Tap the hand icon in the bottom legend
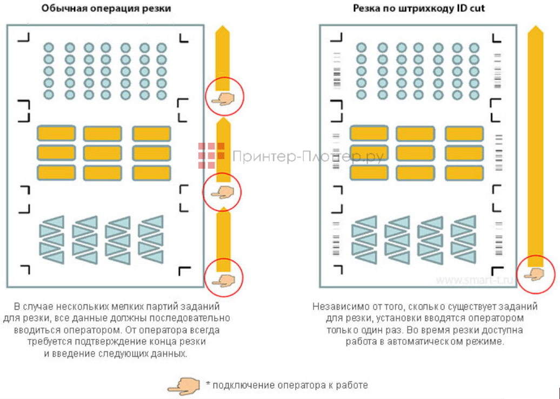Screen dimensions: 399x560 click(x=184, y=385)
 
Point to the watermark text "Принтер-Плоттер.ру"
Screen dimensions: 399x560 click(x=308, y=157)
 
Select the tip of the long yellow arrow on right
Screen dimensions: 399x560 click(x=535, y=29)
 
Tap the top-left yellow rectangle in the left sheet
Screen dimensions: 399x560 click(x=56, y=133)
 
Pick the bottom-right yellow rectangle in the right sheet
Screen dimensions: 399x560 click(x=464, y=172)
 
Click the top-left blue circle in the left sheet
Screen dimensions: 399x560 click(x=49, y=48)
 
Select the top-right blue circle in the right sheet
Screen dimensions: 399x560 click(x=474, y=48)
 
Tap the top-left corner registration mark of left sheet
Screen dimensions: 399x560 click(x=24, y=37)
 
